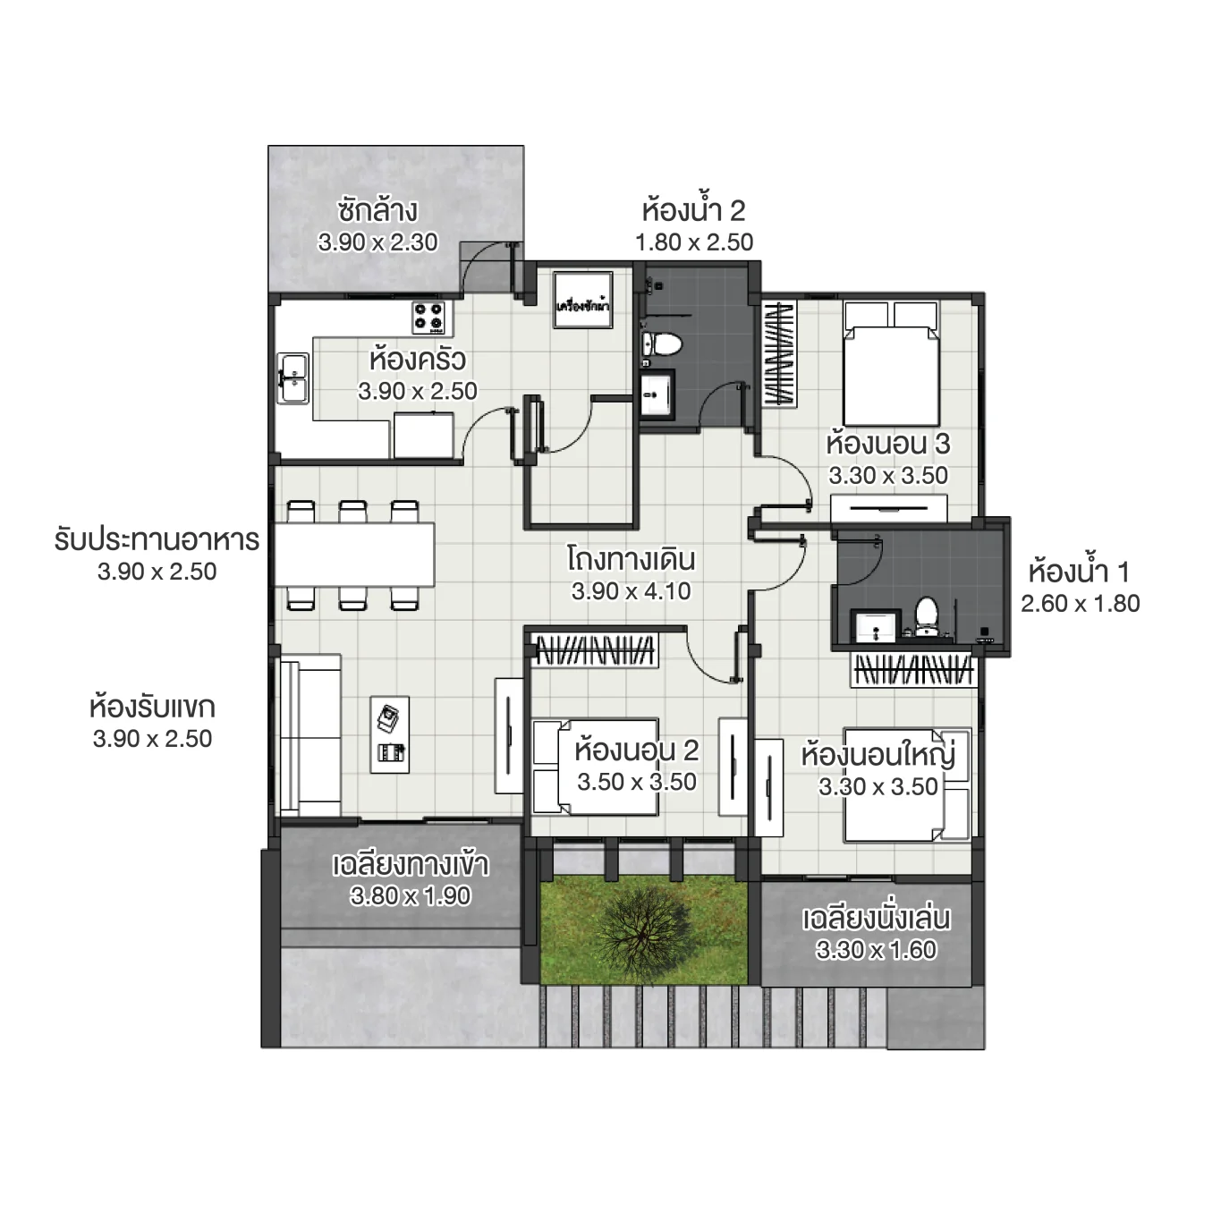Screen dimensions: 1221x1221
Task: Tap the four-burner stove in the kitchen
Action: click(429, 317)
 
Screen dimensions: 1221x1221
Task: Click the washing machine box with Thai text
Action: click(582, 300)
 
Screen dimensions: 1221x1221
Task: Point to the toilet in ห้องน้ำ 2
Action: click(662, 344)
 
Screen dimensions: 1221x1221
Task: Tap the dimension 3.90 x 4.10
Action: click(632, 591)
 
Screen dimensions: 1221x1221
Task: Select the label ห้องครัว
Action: click(417, 360)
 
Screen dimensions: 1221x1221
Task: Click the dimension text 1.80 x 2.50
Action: click(694, 242)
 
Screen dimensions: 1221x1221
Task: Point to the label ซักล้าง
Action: click(377, 211)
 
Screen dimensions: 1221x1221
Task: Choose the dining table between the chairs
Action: click(355, 555)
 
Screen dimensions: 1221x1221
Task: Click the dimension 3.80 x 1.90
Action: click(411, 896)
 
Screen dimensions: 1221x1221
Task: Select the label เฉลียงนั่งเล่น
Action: click(876, 919)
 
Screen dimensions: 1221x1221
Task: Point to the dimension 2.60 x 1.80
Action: click(1081, 604)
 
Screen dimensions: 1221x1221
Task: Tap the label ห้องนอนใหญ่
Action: click(878, 755)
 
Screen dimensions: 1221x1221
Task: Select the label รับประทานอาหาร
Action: click(157, 540)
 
